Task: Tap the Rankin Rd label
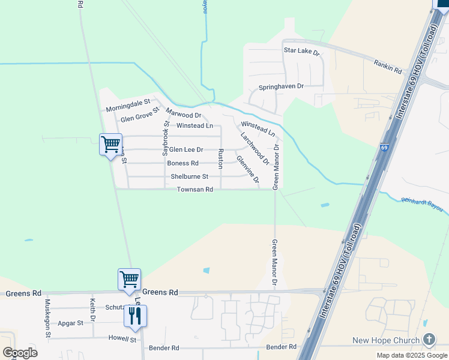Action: (x=387, y=67)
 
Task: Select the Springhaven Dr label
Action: (x=281, y=86)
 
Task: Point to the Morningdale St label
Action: (x=128, y=106)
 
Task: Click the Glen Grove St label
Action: (x=139, y=115)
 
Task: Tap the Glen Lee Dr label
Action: (x=186, y=149)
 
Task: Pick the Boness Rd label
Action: (x=182, y=163)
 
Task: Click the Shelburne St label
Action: (x=189, y=176)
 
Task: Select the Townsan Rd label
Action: (x=195, y=190)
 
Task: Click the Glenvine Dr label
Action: (x=247, y=169)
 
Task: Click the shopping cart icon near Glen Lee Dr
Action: (x=110, y=144)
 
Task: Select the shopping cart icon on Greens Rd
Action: (x=129, y=280)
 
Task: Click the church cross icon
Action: (x=429, y=340)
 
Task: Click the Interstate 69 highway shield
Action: (x=384, y=146)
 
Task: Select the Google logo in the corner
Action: (x=20, y=353)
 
